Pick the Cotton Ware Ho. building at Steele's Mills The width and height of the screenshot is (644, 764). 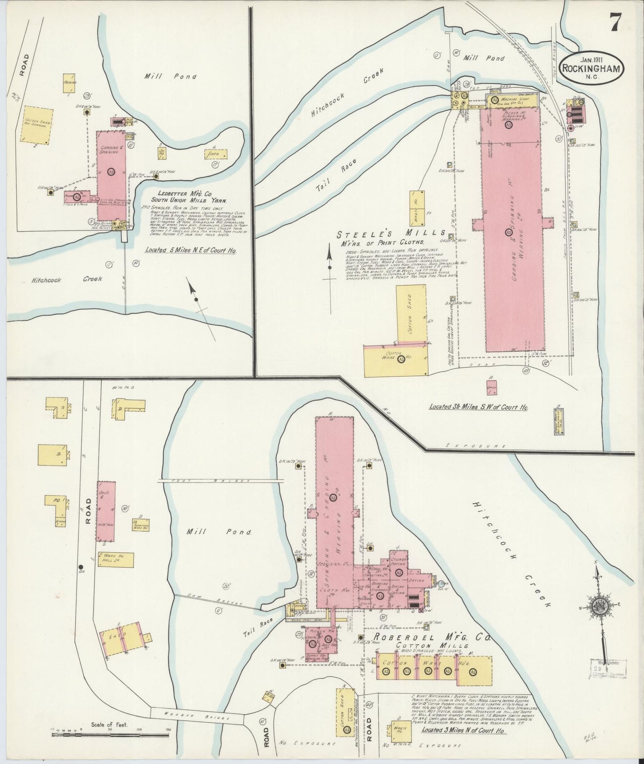[395, 360]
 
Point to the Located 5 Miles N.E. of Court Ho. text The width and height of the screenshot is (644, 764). [191, 250]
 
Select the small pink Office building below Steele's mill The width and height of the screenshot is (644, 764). [492, 387]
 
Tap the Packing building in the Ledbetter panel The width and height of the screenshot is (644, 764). [70, 83]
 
